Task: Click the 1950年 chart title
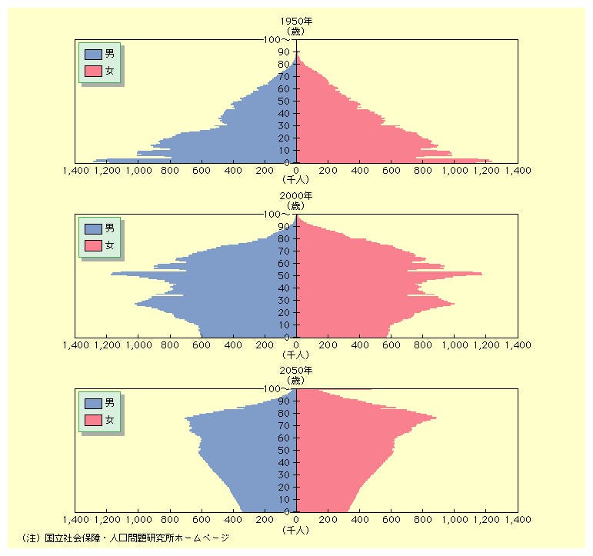(x=297, y=22)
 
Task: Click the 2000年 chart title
(x=297, y=195)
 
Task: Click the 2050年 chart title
(x=297, y=370)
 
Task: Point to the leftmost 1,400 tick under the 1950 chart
(x=75, y=173)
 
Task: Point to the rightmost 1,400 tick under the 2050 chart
(x=517, y=521)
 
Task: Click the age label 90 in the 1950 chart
(x=284, y=52)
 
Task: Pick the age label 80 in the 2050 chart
(x=284, y=413)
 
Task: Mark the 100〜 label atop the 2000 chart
(x=276, y=214)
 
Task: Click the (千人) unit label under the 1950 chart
(x=297, y=182)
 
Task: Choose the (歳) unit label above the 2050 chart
(x=297, y=380)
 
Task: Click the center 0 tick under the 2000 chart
(x=297, y=347)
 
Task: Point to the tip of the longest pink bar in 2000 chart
(x=482, y=274)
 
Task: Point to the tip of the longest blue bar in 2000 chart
(x=112, y=274)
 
